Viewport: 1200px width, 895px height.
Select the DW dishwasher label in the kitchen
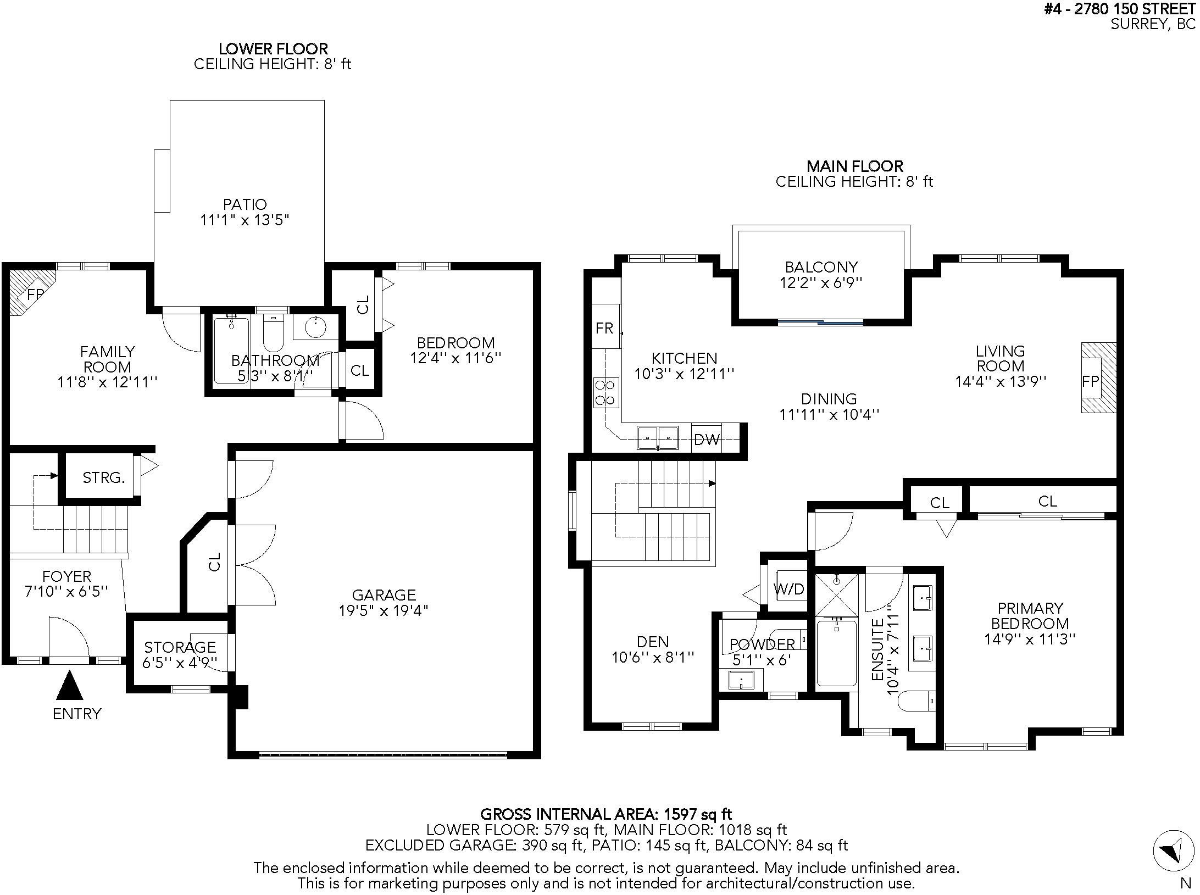(707, 439)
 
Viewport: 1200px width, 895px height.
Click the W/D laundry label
(789, 590)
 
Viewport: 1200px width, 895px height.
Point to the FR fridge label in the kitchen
(604, 328)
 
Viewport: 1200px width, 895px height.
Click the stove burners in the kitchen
(605, 392)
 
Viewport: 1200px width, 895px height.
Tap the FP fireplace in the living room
(1099, 377)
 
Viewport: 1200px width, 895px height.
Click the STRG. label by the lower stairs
(104, 477)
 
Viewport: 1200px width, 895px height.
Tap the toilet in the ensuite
(916, 701)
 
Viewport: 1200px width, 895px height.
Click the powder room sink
(741, 680)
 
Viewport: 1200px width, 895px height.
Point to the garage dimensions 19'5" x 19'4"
(383, 610)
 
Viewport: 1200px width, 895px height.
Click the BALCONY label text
(821, 267)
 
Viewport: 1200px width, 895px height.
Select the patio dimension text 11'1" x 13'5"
(245, 220)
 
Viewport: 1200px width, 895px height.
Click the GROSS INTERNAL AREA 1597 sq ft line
(606, 814)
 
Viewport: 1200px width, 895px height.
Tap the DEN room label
(653, 642)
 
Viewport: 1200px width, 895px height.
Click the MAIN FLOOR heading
(855, 166)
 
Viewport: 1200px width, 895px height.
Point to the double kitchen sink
(658, 438)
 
